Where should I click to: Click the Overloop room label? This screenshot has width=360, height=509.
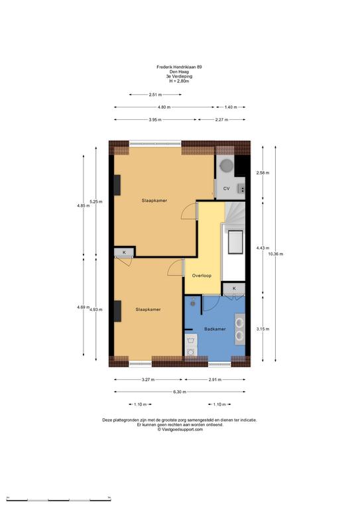point(202,276)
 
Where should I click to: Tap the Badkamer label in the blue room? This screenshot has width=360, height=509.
point(215,329)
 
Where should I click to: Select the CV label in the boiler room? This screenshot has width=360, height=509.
point(226,188)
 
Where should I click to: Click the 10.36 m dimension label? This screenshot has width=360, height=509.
point(276,254)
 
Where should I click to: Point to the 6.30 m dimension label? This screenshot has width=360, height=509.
point(180,392)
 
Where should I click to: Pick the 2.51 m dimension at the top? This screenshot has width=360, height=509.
point(155,95)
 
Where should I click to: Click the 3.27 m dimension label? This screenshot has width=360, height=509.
point(148,380)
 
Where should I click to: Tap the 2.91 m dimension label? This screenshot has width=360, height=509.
point(215,380)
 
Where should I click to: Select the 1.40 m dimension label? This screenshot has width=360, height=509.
point(231,107)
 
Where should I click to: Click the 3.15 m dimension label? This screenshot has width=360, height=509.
point(263,329)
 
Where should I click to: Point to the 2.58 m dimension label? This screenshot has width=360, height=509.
point(263,173)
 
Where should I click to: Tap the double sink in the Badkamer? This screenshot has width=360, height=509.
point(240,329)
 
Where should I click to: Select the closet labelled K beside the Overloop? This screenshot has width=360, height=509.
point(234,288)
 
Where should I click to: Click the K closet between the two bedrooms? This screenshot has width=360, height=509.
point(124,253)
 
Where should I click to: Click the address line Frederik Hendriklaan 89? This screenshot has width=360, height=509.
point(179,67)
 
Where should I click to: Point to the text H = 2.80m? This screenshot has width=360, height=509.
point(179,81)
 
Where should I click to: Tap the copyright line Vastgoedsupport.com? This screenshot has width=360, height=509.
point(180,429)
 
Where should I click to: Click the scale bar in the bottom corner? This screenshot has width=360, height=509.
point(59,499)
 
